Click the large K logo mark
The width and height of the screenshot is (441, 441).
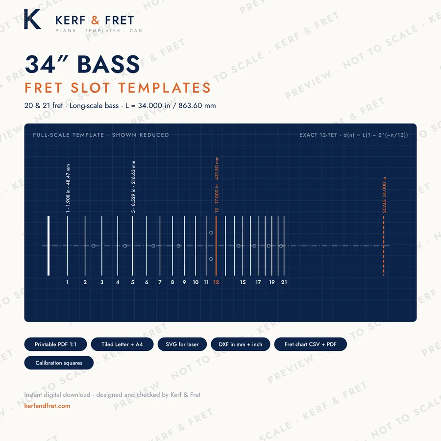pyautogui.click(x=33, y=19)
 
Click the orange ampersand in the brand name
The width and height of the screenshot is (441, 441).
pyautogui.click(x=95, y=20)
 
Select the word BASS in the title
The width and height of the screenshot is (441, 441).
pyautogui.click(x=109, y=64)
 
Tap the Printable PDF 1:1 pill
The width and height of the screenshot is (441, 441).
pyautogui.click(x=55, y=344)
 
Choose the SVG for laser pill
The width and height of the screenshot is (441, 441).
pyautogui.click(x=182, y=344)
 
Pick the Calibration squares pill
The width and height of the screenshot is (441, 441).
pyautogui.click(x=59, y=363)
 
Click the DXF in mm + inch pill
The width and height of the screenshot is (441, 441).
pyautogui.click(x=241, y=344)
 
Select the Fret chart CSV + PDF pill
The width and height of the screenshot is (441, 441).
pyautogui.click(x=311, y=344)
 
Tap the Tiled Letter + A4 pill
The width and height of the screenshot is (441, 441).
pyautogui.click(x=122, y=344)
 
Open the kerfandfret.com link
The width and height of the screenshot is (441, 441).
pyautogui.click(x=47, y=406)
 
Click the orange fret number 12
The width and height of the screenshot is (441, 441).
pyautogui.click(x=216, y=282)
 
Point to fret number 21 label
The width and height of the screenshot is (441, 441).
pyautogui.click(x=284, y=282)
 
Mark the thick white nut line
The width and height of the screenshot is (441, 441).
pyautogui.click(x=49, y=246)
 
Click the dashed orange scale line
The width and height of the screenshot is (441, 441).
pyautogui.click(x=384, y=246)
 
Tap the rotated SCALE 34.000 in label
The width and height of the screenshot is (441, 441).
pyautogui.click(x=384, y=195)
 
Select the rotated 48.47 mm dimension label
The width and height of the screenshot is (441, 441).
pyautogui.click(x=68, y=189)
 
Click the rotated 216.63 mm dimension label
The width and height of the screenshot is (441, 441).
pyautogui.click(x=133, y=187)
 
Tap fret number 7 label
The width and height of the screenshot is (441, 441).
pyautogui.click(x=160, y=282)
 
